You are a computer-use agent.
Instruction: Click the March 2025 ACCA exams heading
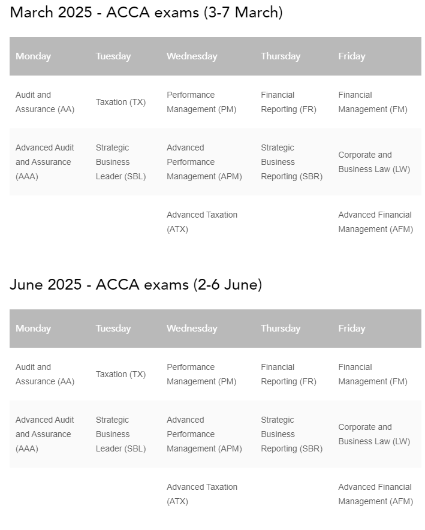tap(146, 13)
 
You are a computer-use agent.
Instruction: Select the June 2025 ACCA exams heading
tap(135, 285)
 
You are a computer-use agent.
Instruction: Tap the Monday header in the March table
tap(33, 56)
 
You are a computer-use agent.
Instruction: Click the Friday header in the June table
tap(351, 329)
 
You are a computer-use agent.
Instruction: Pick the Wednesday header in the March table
tap(191, 56)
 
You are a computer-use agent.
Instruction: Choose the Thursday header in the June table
tap(280, 329)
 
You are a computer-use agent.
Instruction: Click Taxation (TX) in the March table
tap(120, 102)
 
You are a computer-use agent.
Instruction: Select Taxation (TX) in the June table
tap(120, 374)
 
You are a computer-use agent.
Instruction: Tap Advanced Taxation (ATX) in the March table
tap(201, 222)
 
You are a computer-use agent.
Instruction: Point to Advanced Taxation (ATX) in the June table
tap(201, 494)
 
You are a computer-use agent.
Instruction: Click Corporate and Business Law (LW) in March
tap(373, 162)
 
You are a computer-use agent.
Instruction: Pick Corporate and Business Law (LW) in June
tap(373, 434)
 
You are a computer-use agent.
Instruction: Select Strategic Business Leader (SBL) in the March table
tap(120, 162)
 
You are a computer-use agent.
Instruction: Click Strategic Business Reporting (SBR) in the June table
tap(291, 434)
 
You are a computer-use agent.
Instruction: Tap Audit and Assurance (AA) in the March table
tap(44, 102)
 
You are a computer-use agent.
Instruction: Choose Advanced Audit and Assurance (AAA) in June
tap(44, 434)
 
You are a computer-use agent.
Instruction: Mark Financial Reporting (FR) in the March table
tap(288, 102)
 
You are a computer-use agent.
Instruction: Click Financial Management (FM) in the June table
tap(372, 374)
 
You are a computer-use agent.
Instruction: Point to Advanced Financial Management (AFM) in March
tap(375, 222)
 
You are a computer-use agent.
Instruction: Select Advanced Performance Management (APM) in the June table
tap(204, 434)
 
